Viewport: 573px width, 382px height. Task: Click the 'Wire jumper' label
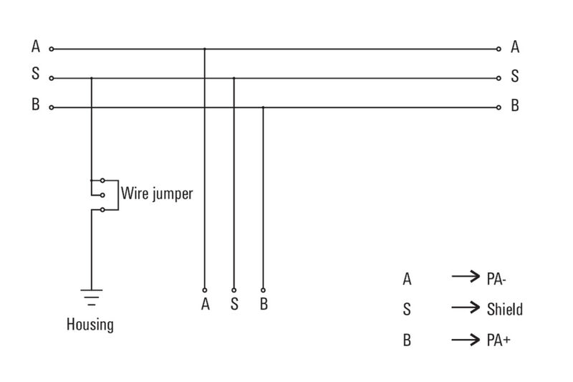[157, 194]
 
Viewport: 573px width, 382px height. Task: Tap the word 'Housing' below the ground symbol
[90, 324]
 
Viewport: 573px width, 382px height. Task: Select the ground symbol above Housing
[91, 295]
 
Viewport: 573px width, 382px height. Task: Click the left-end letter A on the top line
[35, 47]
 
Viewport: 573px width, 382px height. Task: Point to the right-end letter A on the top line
[515, 47]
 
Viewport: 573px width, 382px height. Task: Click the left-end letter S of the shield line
[35, 76]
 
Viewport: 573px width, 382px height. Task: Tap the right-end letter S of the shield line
[515, 76]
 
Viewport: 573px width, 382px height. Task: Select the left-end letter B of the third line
[35, 106]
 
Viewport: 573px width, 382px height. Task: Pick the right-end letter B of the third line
[515, 106]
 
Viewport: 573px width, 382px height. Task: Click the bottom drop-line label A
[205, 304]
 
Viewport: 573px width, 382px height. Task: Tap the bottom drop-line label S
[234, 304]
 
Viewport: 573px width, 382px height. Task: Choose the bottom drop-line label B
[264, 304]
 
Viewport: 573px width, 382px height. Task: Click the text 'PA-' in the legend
[496, 280]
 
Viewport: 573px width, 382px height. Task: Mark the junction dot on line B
[263, 108]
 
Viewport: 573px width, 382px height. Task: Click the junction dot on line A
[205, 49]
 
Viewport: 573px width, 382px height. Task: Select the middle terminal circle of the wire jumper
[103, 194]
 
